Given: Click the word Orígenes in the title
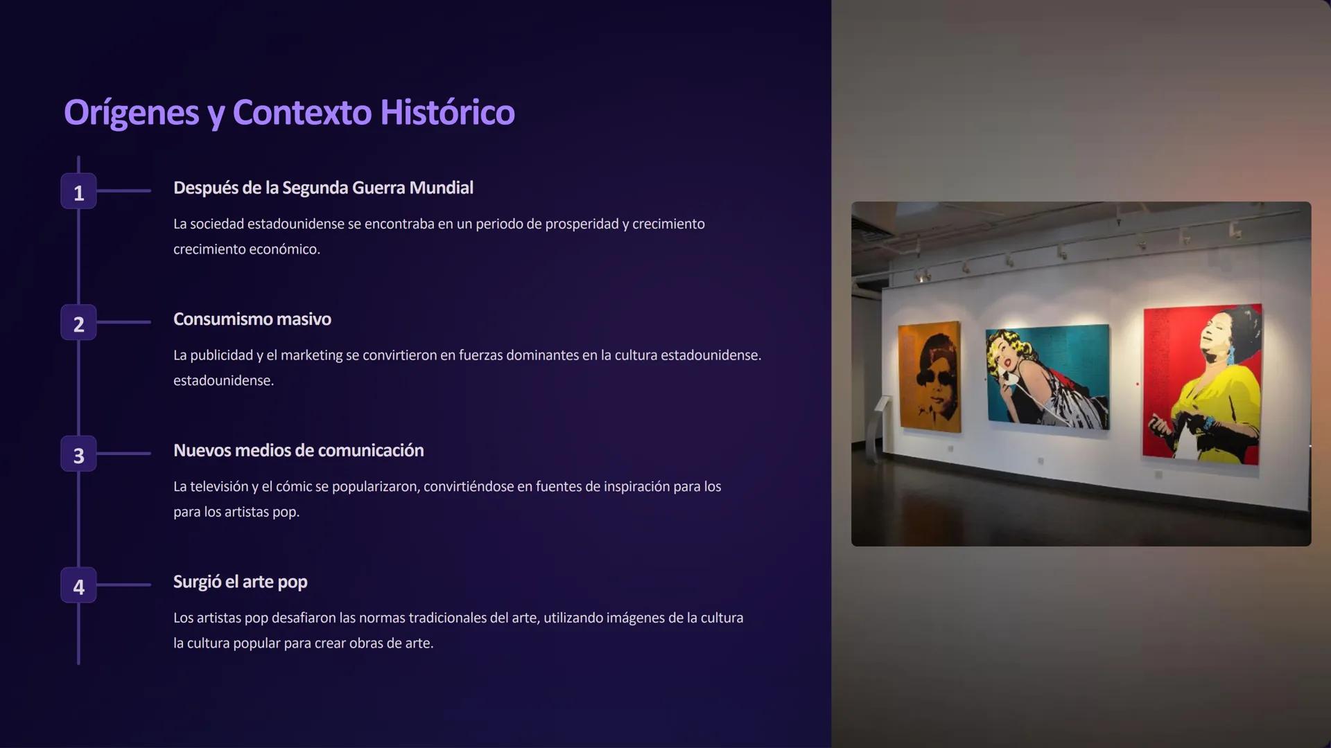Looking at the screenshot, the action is (x=132, y=113).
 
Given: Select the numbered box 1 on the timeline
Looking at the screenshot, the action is (x=78, y=191).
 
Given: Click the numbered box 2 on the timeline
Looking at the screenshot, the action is (x=78, y=323).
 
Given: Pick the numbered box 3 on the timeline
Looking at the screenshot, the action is (x=78, y=454).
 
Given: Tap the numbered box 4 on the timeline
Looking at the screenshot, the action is (x=78, y=586).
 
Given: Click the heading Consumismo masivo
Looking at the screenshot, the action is (x=252, y=319).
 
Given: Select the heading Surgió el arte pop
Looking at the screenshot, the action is (x=241, y=582).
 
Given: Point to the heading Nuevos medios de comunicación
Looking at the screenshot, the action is (x=299, y=451).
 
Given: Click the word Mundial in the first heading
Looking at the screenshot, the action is (x=441, y=188).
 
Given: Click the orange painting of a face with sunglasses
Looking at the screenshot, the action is (x=930, y=377).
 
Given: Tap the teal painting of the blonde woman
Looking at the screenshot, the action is (x=1047, y=376).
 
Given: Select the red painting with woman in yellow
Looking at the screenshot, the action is (x=1202, y=383).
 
